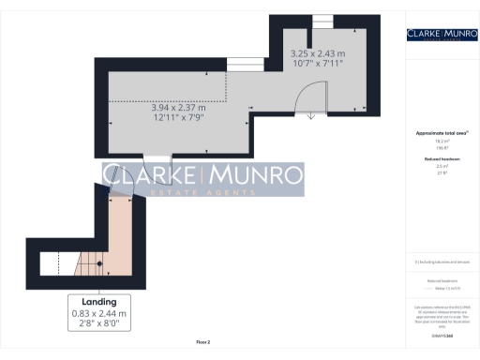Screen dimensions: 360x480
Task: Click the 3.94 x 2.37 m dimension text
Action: coord(178,108)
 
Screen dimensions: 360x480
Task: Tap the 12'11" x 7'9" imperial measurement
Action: coord(178,118)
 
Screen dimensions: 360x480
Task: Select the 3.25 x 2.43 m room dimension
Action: coord(317,53)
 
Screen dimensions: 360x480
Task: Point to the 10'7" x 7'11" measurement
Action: coord(317,64)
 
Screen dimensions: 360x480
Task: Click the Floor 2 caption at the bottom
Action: coord(202,342)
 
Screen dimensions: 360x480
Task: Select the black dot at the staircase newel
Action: coord(99,263)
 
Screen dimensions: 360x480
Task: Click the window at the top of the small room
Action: coord(322,21)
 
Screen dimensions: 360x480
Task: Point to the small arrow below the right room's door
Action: coord(311,117)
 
